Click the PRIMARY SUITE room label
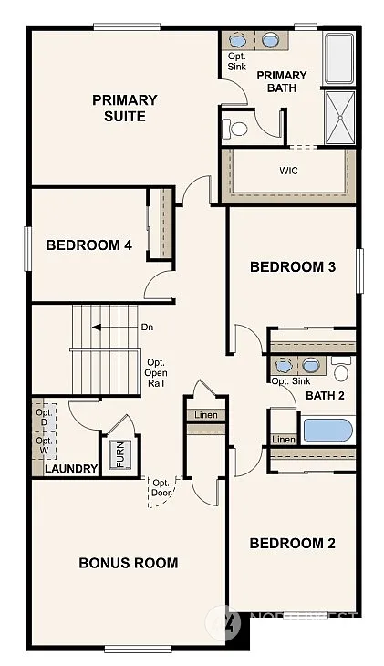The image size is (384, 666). click(x=124, y=108)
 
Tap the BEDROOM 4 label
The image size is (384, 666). click(x=83, y=245)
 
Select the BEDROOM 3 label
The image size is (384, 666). click(x=293, y=266)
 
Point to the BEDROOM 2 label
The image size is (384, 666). click(x=293, y=543)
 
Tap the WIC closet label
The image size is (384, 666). click(x=288, y=171)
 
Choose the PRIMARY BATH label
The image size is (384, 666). click(x=282, y=81)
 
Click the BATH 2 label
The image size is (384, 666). click(x=324, y=395)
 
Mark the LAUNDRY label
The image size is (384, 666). click(x=71, y=469)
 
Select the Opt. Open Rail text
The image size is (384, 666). click(x=155, y=371)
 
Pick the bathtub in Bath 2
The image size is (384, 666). click(x=327, y=429)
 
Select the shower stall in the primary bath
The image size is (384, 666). click(x=340, y=117)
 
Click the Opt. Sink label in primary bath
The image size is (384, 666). click(x=236, y=62)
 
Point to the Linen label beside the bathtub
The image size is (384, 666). click(x=283, y=440)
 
